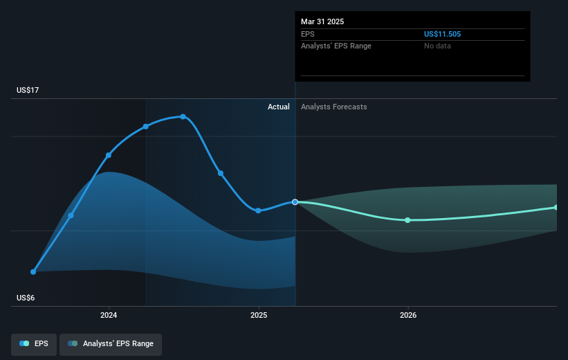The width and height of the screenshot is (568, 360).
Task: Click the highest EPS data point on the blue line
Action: coord(183,117)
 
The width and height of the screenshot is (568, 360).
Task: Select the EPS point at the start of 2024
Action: coord(109,155)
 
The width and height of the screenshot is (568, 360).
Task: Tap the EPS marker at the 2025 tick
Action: coord(258,210)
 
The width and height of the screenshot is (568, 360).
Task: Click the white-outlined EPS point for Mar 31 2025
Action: coord(295,202)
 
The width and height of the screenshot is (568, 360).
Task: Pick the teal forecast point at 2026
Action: coord(407,220)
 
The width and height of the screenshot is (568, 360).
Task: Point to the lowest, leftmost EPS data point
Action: coord(33,272)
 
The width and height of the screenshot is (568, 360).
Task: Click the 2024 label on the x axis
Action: coord(109,315)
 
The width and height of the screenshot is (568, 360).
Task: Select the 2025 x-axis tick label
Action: coord(259,315)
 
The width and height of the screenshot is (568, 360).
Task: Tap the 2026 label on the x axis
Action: coord(408,315)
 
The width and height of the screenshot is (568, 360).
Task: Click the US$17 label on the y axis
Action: coord(28,90)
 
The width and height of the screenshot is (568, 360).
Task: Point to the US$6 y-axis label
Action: coord(26,298)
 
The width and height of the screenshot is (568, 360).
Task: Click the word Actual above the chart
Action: coord(279,107)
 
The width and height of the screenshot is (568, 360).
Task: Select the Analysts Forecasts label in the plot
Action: coord(333,107)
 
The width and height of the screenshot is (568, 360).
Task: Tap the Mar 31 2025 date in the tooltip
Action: coord(322,21)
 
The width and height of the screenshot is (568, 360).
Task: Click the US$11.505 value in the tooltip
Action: coord(442,34)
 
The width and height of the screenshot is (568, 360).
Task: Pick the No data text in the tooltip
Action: coord(437,46)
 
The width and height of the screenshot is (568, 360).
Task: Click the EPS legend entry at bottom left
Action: coord(34,344)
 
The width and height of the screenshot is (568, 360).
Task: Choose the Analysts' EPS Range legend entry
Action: coord(111,344)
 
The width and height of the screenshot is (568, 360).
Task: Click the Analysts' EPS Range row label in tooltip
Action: coord(336,46)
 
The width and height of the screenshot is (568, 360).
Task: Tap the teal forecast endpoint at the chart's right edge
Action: coord(556,208)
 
